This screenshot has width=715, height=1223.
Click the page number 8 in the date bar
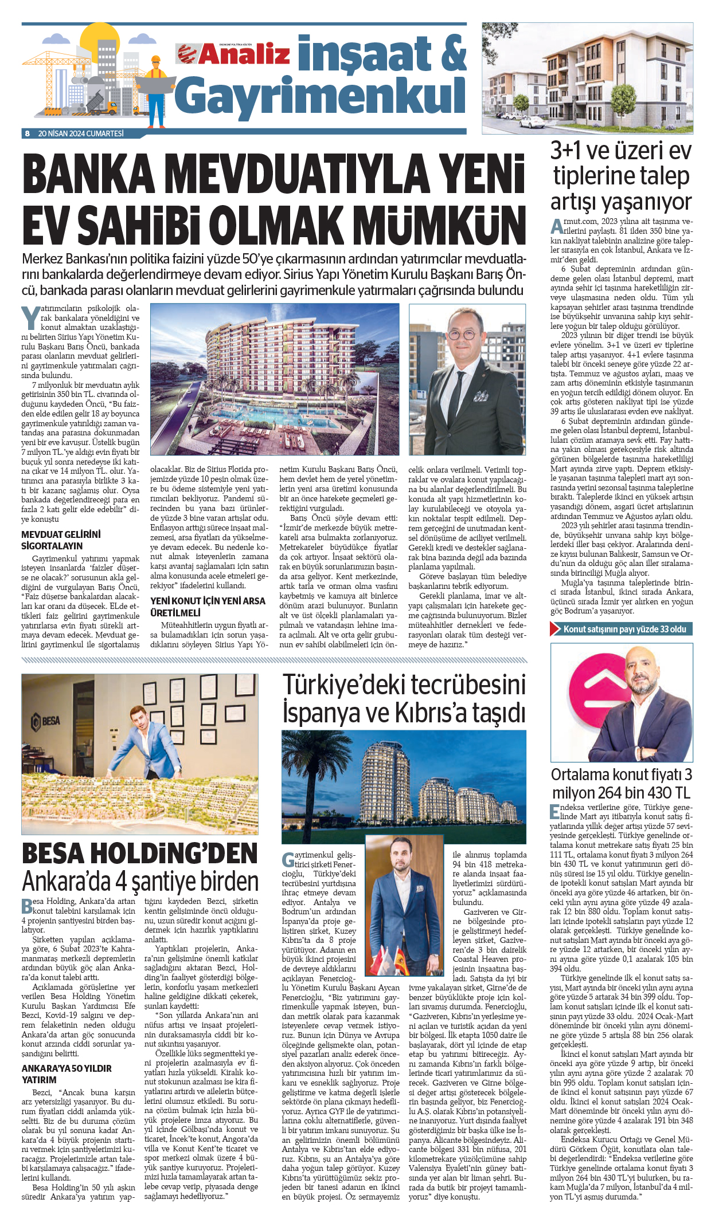27,133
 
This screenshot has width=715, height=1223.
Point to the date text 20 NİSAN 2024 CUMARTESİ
81,133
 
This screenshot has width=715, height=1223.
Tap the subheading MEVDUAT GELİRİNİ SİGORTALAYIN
61,540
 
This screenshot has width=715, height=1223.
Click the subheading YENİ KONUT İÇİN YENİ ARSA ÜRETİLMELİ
208,607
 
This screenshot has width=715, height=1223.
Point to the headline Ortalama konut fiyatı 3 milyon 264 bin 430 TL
622,784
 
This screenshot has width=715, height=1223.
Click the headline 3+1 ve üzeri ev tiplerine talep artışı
622,176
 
